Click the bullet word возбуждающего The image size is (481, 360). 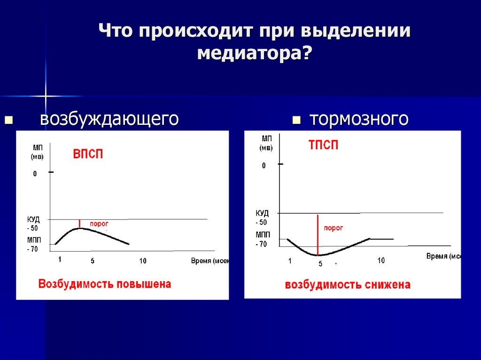(109, 119)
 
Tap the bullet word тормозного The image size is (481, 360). (358, 119)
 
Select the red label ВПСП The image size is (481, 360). (88, 155)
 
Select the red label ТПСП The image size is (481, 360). (323, 145)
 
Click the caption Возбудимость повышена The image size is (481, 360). (105, 284)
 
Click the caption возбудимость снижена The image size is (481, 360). (348, 285)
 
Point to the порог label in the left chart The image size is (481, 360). (99, 224)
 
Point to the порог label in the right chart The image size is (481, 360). (334, 228)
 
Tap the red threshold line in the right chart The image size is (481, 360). (318, 235)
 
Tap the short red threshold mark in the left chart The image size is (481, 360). (80, 223)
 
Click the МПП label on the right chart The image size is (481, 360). (262, 234)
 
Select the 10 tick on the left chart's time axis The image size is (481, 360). (142, 261)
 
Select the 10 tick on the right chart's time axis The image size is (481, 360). (380, 260)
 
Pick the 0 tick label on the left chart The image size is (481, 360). (35, 174)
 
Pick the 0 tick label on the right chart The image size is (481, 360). (264, 165)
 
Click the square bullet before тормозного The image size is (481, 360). (296, 120)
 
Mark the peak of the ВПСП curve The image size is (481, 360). (80, 228)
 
